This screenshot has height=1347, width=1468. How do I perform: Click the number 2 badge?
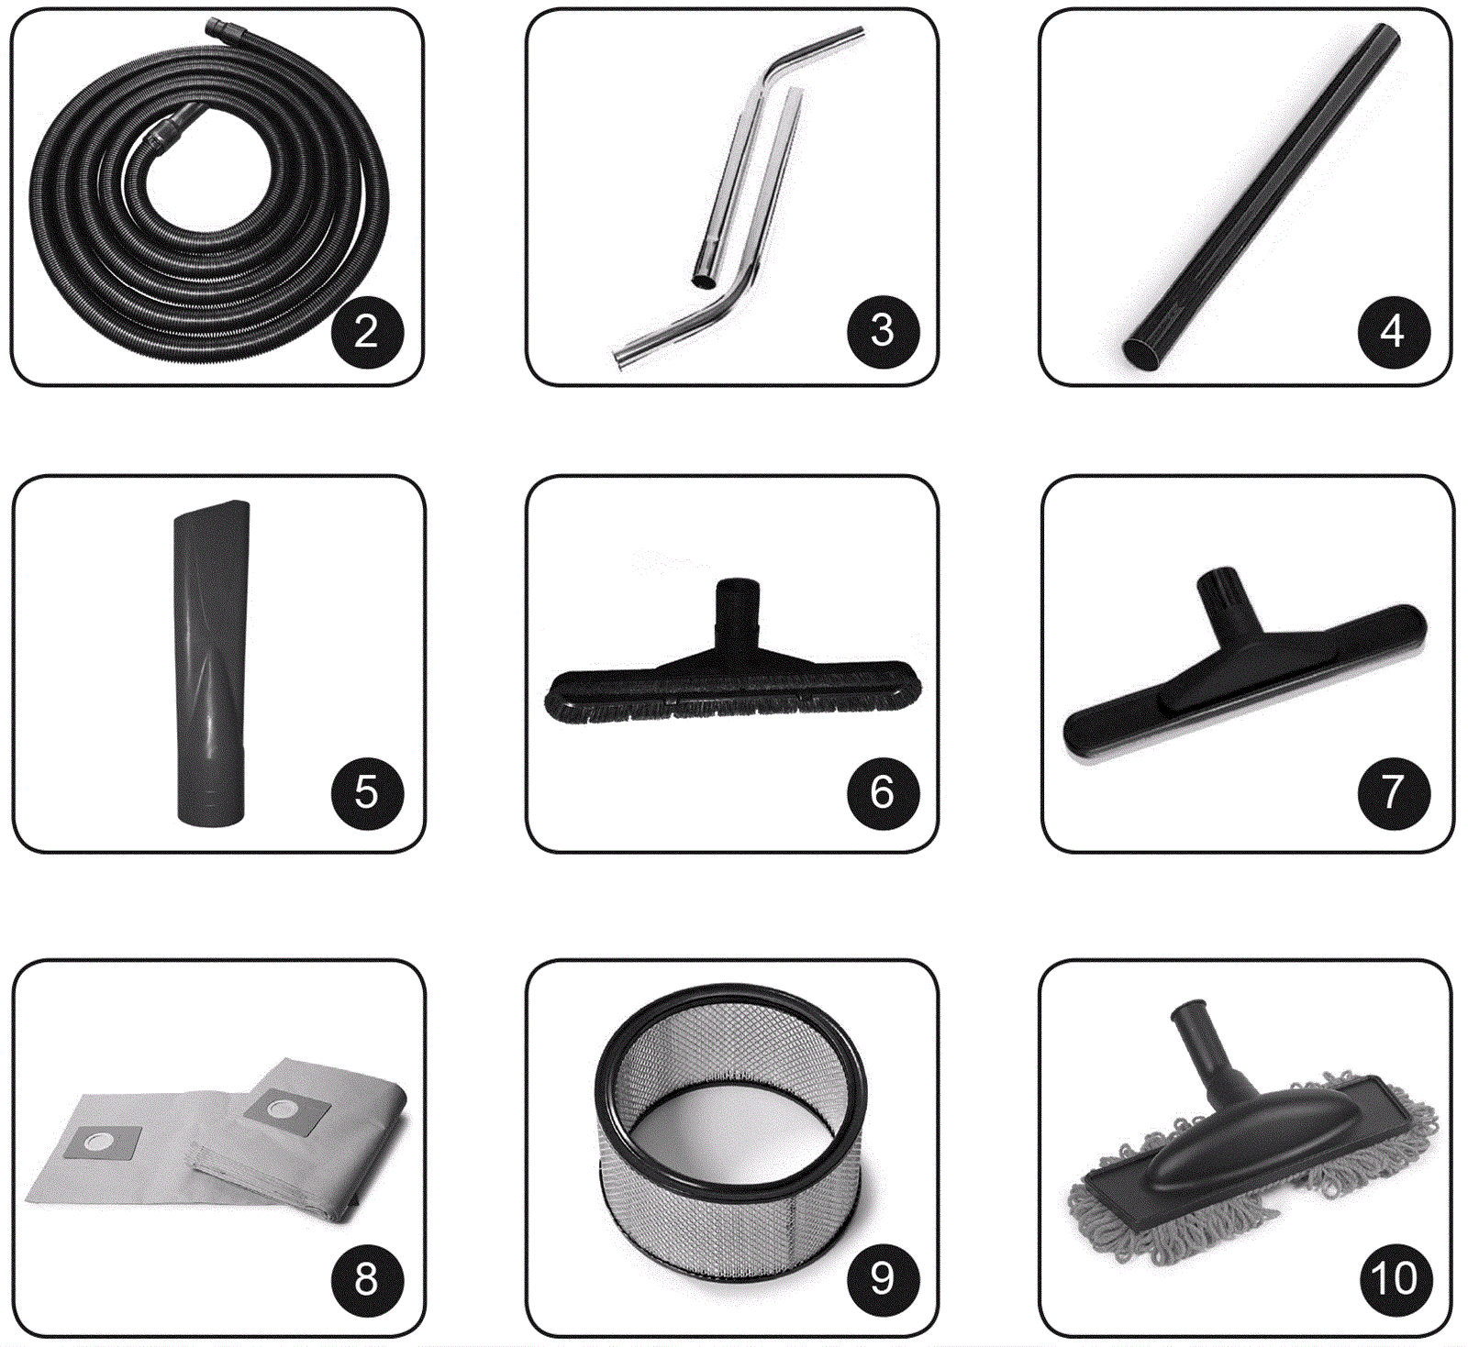(x=367, y=331)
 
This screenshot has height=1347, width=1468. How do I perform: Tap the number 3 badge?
(x=883, y=331)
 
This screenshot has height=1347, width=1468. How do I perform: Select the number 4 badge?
(x=1393, y=331)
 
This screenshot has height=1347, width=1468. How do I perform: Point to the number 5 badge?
(x=367, y=792)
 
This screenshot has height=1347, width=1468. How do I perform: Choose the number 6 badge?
(x=883, y=792)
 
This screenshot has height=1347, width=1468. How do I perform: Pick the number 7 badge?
(x=1393, y=792)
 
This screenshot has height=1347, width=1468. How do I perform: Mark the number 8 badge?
(x=367, y=1278)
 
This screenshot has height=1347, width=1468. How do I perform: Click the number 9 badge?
(x=883, y=1278)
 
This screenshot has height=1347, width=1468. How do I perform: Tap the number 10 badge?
(x=1393, y=1278)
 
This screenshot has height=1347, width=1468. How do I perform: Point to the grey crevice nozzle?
(x=211, y=662)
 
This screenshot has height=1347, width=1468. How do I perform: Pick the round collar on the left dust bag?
(x=99, y=1143)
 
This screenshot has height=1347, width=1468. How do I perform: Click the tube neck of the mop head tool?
(x=1206, y=1045)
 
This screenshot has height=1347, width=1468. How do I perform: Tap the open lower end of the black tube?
(x=1143, y=353)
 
